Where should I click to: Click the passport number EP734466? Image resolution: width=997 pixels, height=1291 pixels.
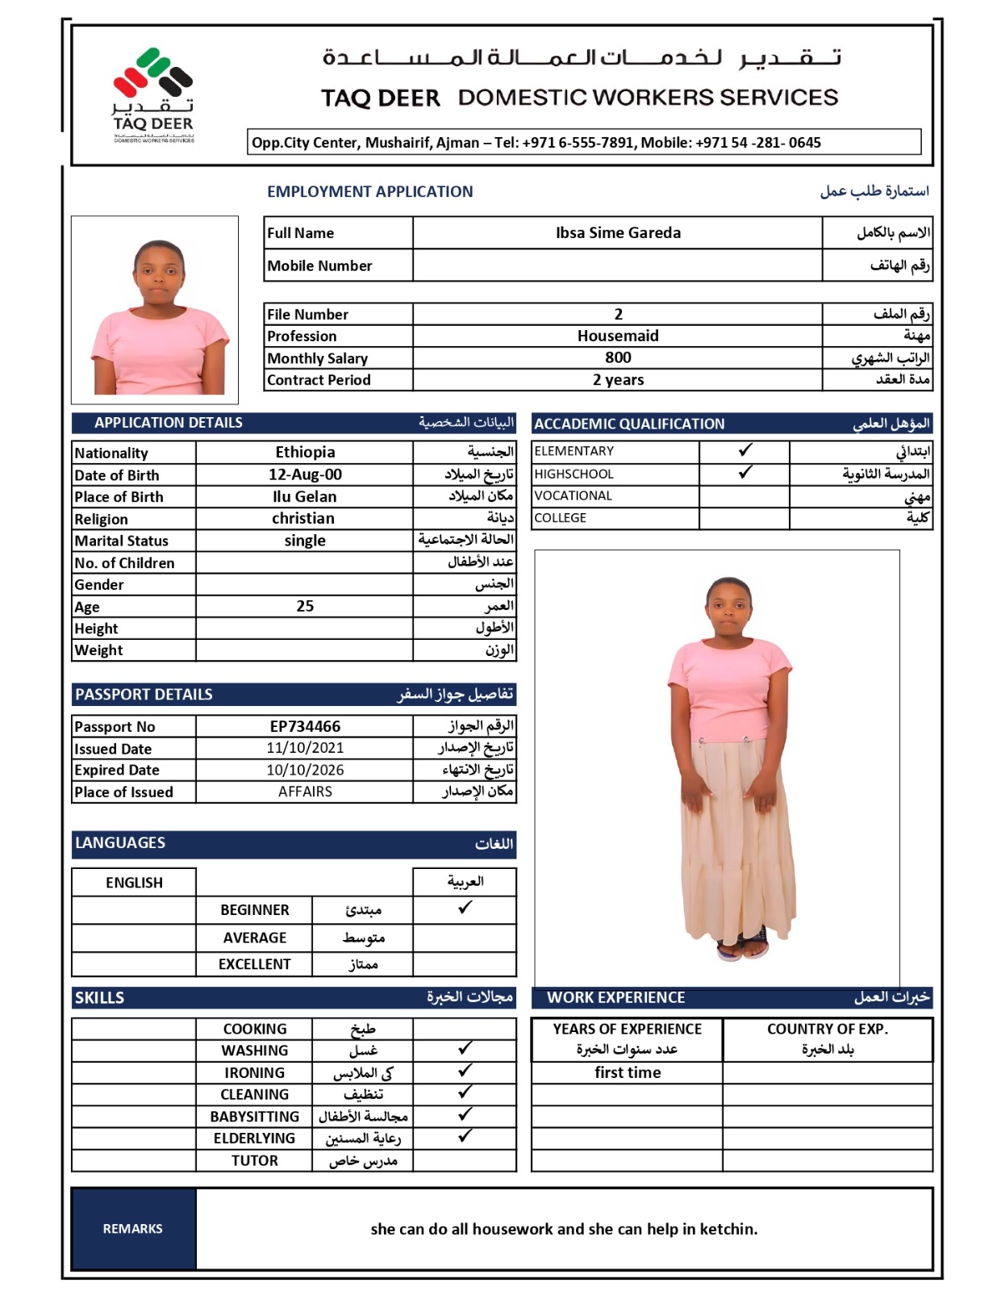pos(305,726)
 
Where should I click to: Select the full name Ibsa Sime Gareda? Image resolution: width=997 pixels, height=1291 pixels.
pos(618,233)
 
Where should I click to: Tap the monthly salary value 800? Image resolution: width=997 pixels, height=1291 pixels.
pos(618,357)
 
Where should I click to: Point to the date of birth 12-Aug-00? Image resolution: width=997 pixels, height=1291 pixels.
pos(305,474)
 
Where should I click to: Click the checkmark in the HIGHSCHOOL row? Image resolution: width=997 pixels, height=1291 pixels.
pos(745,473)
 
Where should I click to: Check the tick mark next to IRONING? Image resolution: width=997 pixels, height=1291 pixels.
pos(465,1071)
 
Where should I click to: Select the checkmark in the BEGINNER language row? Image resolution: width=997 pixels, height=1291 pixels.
pos(465,908)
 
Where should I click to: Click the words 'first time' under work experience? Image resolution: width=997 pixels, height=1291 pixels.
pos(628,1072)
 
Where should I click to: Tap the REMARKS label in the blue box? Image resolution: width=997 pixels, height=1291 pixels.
pos(133,1228)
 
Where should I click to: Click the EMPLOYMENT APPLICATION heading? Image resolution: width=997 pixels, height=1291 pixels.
pos(370,192)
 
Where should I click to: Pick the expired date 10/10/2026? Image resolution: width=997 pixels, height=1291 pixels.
pos(305,770)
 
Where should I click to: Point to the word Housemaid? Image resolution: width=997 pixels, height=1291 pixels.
pos(618,336)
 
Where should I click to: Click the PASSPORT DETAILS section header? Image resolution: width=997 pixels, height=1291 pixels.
pos(144,695)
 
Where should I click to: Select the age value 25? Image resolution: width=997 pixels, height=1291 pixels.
pos(305,606)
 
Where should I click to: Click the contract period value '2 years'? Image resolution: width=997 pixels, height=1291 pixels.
pos(618,380)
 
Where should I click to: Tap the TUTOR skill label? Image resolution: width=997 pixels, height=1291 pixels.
pos(255,1160)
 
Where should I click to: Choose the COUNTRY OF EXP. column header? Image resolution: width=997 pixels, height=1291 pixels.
pos(828,1030)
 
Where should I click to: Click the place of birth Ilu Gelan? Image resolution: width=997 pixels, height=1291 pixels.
pos(305,496)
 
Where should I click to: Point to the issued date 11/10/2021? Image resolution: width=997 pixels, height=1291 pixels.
pos(305,748)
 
